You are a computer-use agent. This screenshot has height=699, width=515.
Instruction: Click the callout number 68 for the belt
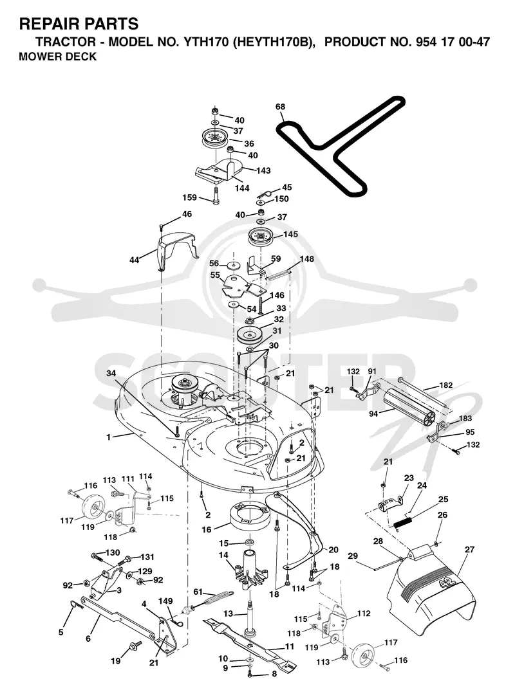(280, 107)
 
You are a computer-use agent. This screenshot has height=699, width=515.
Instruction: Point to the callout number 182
(446, 385)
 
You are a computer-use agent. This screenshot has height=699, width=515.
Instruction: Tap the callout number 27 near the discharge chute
(469, 550)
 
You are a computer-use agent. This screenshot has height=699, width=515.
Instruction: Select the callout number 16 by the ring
(207, 530)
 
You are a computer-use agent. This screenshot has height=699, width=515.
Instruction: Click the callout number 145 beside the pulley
(290, 235)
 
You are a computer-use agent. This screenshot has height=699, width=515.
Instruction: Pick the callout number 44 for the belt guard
(135, 260)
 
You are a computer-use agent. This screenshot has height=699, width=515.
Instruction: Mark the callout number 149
(165, 601)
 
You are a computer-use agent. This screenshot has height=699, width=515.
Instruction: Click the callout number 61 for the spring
(198, 592)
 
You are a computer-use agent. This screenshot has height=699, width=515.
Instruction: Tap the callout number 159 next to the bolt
(190, 197)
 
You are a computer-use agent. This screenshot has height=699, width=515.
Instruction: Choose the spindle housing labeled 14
(247, 570)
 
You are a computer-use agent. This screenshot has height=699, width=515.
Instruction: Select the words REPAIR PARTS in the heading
(79, 24)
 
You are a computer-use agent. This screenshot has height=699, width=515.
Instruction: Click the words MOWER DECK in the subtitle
(57, 57)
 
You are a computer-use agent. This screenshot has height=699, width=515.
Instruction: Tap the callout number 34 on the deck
(111, 373)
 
